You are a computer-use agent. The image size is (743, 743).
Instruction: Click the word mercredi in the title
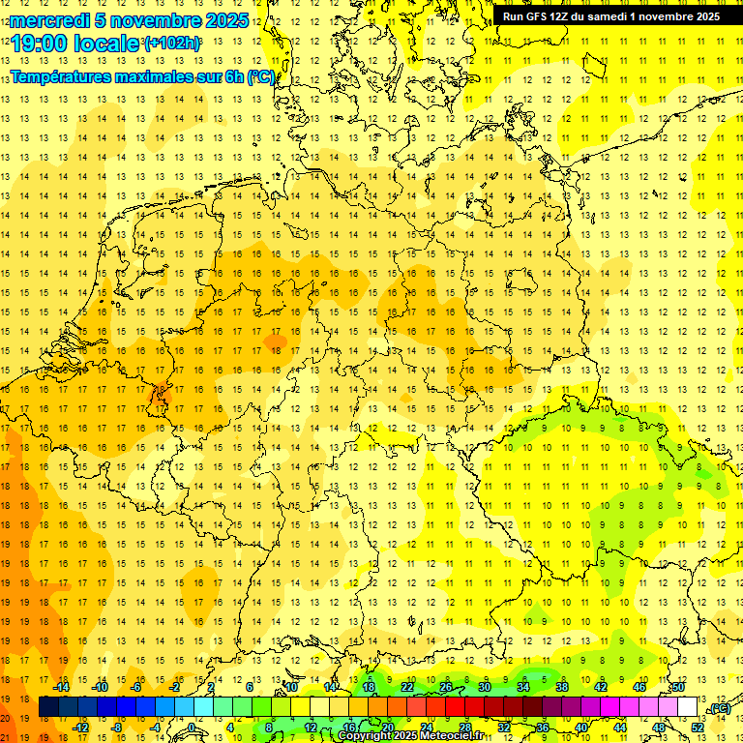click(49, 20)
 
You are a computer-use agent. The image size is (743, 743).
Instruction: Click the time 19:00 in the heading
click(39, 44)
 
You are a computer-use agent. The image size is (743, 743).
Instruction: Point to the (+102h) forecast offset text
click(171, 44)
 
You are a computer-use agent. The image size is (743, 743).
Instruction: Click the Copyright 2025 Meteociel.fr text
click(410, 736)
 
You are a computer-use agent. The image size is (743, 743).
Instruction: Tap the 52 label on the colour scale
click(698, 727)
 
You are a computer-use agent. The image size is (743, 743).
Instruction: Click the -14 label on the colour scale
click(62, 687)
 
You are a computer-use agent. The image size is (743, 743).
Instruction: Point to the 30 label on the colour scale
click(484, 687)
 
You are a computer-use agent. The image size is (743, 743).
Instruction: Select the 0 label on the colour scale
click(192, 727)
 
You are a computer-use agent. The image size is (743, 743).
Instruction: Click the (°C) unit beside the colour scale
click(719, 709)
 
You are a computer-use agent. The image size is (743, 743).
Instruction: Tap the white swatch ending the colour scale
click(687, 707)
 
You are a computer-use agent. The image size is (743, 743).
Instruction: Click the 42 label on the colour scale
click(601, 687)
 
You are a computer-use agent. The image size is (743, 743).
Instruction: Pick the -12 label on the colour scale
click(80, 727)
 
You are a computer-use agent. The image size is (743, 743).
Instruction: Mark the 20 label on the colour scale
click(387, 727)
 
